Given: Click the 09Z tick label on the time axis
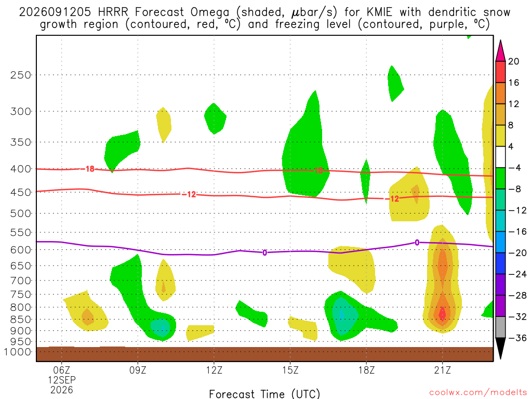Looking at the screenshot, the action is tap(138, 370).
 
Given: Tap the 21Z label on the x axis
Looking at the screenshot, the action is tap(443, 370).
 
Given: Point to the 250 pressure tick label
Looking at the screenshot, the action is tap(21, 75).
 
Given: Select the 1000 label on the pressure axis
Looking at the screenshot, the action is tap(18, 352).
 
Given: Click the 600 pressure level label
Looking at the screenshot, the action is tap(21, 250).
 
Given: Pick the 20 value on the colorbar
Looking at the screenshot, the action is tap(514, 61).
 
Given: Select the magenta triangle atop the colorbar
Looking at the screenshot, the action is tap(500, 51).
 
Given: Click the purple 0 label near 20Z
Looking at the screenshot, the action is tap(417, 243).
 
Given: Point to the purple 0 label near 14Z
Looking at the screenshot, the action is tap(264, 252).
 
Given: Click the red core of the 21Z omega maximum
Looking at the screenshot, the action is tap(442, 313).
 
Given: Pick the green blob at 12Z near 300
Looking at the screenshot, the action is tap(215, 118).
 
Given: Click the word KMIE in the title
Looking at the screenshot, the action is tap(379, 12).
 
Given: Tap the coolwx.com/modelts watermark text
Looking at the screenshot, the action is tap(478, 393).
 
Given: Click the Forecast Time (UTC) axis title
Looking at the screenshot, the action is tap(264, 394).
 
